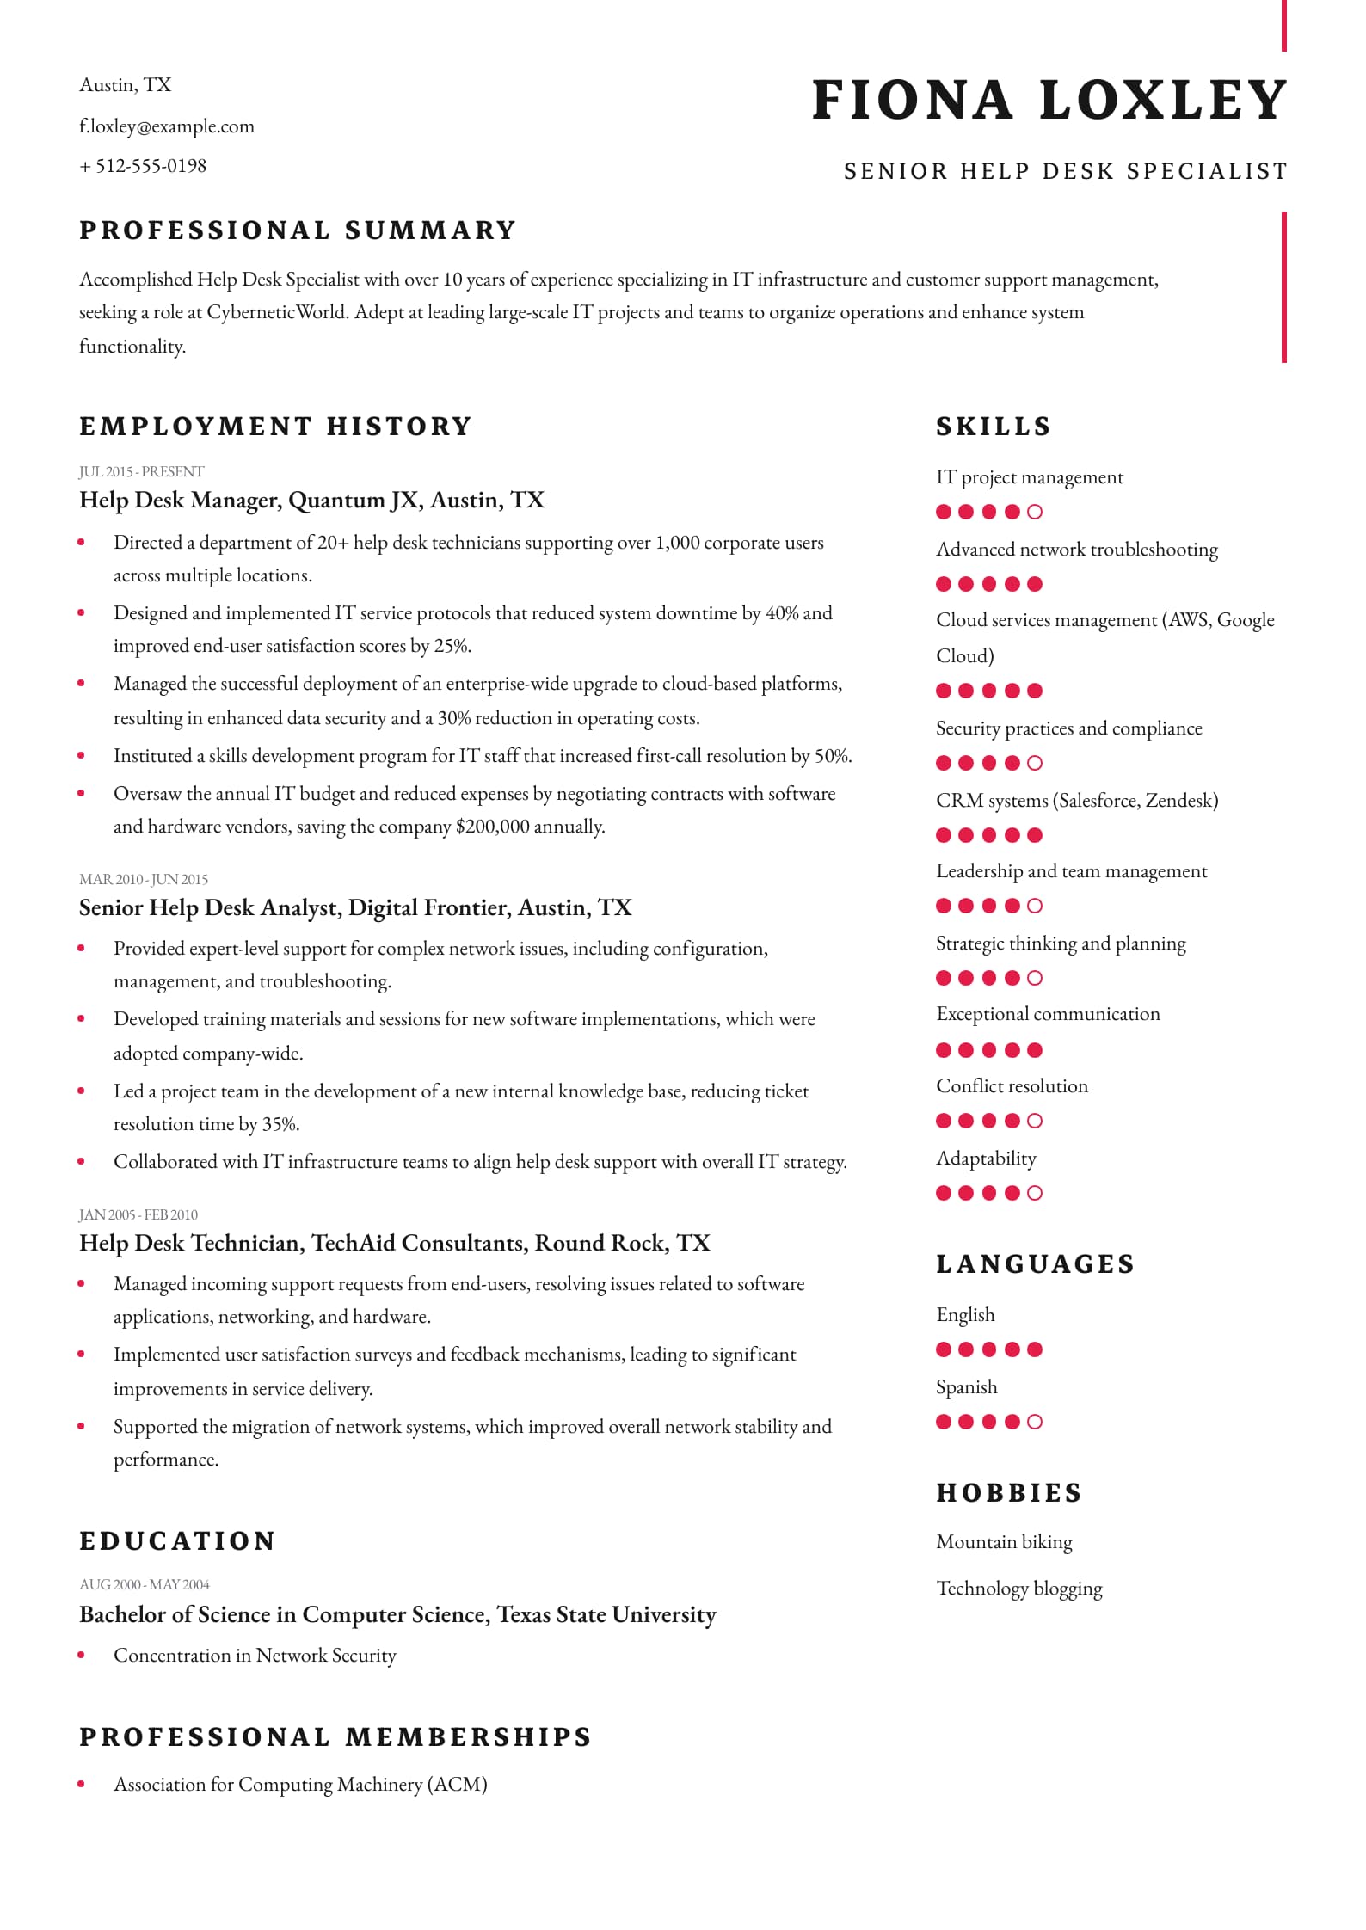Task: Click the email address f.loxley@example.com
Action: pyautogui.click(x=167, y=126)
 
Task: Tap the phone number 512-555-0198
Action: pyautogui.click(x=151, y=166)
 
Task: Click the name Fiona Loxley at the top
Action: pyautogui.click(x=1049, y=100)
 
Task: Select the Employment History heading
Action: pyautogui.click(x=275, y=427)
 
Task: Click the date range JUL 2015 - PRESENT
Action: pyautogui.click(x=141, y=471)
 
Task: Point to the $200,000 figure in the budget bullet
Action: pyautogui.click(x=492, y=827)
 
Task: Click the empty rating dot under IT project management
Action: pyautogui.click(x=1035, y=512)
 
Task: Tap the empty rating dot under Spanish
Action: pyautogui.click(x=1035, y=1422)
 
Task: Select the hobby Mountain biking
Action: pyautogui.click(x=1004, y=1542)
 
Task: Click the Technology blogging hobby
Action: pyautogui.click(x=1018, y=1589)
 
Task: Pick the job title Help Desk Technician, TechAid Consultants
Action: pyautogui.click(x=394, y=1243)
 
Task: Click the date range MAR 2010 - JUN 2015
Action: pyautogui.click(x=143, y=879)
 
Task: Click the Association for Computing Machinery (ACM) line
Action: pyautogui.click(x=300, y=1785)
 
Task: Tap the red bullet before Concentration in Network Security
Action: pyautogui.click(x=82, y=1655)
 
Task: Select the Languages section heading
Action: pyautogui.click(x=1035, y=1264)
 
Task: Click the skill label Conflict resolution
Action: pyautogui.click(x=1012, y=1086)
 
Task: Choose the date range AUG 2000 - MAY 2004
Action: pyautogui.click(x=144, y=1584)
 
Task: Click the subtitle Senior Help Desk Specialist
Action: pyautogui.click(x=1065, y=171)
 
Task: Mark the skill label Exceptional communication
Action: pyautogui.click(x=1048, y=1014)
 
